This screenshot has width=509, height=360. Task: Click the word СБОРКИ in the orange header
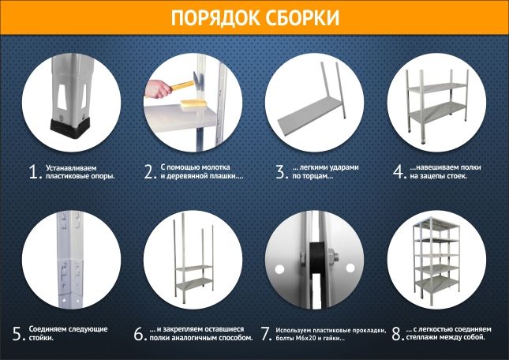[x=302, y=17]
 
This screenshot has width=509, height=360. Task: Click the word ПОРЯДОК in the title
[x=215, y=17]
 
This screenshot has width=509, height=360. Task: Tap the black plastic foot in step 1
[x=70, y=128]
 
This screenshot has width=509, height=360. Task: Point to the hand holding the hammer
[x=157, y=89]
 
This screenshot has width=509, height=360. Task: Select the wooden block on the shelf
[x=193, y=103]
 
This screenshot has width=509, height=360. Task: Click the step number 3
[x=281, y=172]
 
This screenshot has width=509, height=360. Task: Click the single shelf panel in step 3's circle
[x=311, y=115]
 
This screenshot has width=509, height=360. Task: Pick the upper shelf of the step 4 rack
[x=437, y=87]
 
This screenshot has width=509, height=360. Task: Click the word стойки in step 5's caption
[x=41, y=338]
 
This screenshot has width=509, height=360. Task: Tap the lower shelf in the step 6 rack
[x=194, y=284]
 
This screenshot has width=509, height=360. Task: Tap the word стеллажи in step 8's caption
[x=420, y=337]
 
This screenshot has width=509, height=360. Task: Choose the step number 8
[x=397, y=333]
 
